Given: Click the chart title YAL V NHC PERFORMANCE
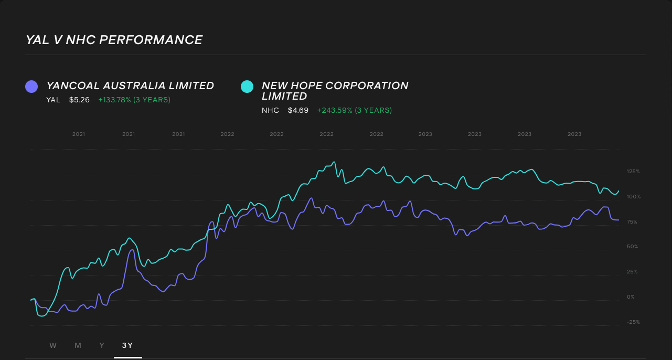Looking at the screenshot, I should coord(114,40).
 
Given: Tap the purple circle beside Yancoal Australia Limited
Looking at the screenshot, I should coord(31,87).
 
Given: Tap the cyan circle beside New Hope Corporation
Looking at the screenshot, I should coord(247,87).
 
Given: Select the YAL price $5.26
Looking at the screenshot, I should coord(79,100).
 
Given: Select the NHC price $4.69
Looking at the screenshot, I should coord(298,110).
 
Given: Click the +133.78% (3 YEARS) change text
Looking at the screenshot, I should coord(134,100).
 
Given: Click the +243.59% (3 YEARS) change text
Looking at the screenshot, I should coord(354,110).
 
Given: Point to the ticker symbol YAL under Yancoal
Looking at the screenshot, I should coord(53,100).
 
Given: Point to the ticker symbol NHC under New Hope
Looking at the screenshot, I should coord(270,110).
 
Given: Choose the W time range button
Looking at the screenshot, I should coord(53,345).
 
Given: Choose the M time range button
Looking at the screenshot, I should coord(78,345).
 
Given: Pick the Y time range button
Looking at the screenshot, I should coord(102,345).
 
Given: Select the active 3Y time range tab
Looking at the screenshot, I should coord(127,345).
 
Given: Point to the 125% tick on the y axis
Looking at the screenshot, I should coord(633,172).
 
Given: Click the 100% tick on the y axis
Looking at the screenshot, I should coord(633,197).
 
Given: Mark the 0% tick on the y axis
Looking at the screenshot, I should coord(631,297).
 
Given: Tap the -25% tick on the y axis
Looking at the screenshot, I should coord(633,322).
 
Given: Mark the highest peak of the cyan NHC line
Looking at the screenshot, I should coord(334,162).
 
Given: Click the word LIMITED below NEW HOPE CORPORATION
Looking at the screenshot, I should coord(284,97).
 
